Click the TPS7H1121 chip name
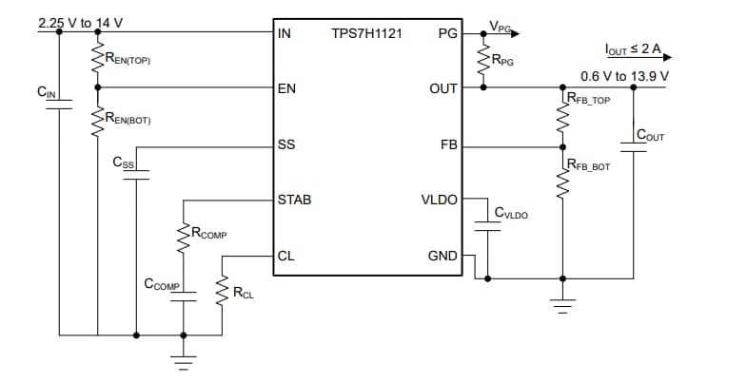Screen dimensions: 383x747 (x=365, y=31)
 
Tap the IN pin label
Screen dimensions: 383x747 (x=284, y=32)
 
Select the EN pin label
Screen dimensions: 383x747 (x=285, y=88)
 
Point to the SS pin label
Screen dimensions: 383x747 (x=285, y=145)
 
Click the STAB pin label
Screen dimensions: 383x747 (x=294, y=201)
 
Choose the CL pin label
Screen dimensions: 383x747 (x=285, y=256)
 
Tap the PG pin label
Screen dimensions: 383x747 (x=446, y=32)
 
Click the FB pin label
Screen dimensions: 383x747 (x=447, y=145)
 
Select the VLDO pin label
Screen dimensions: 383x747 (x=439, y=201)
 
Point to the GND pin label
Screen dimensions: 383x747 (x=442, y=256)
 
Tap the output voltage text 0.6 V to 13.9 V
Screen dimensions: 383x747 (x=624, y=75)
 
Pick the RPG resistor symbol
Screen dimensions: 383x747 (x=483, y=60)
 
